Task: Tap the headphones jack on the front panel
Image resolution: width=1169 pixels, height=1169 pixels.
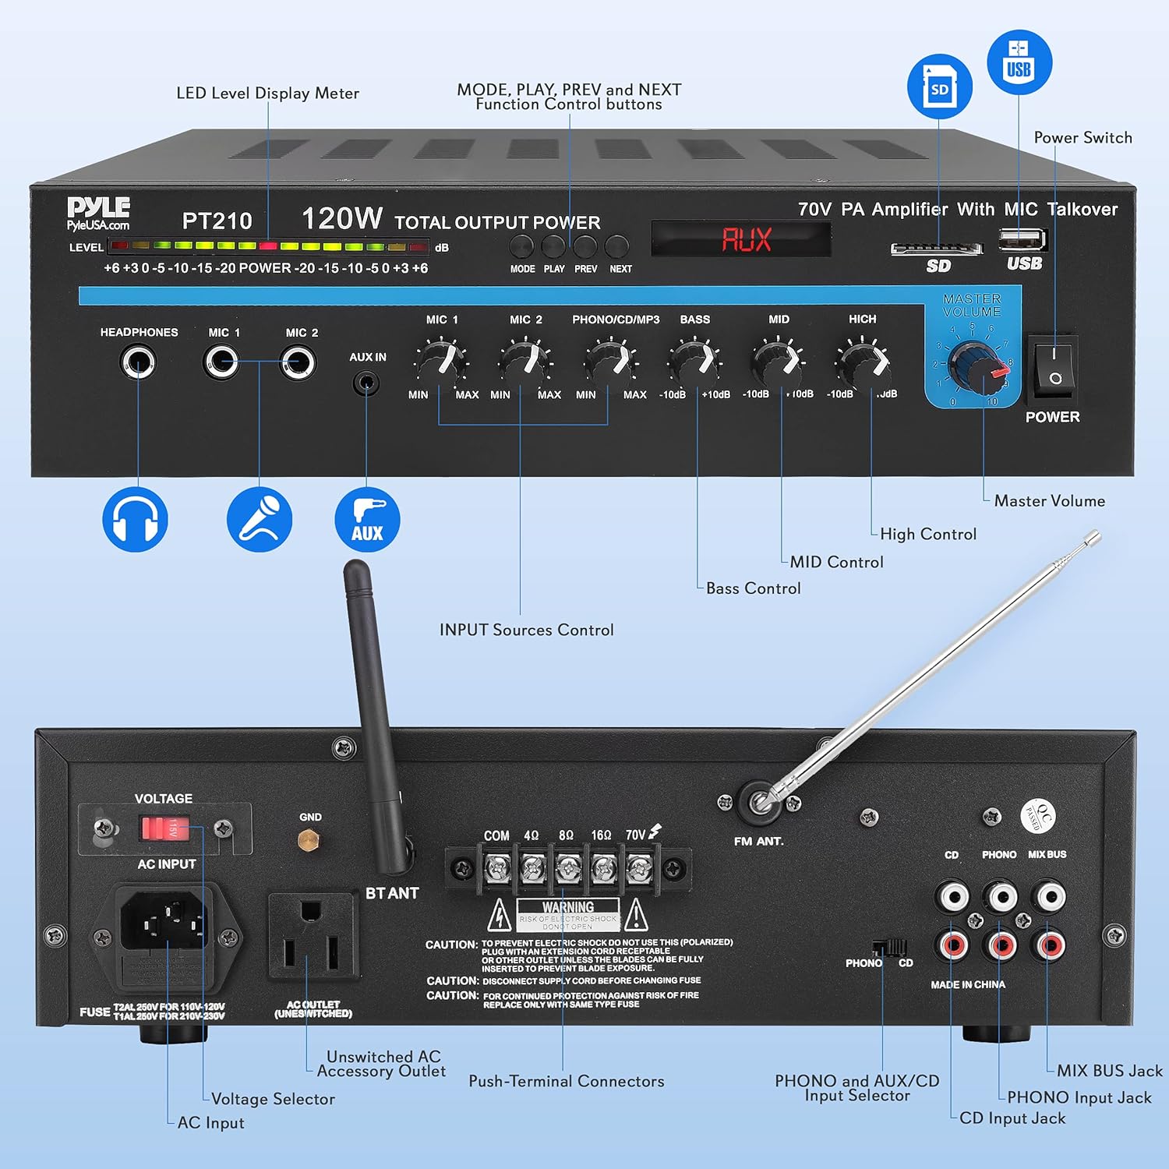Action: click(138, 362)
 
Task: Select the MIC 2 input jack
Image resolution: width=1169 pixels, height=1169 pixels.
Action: click(298, 362)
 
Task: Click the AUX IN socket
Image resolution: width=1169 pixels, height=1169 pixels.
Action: click(366, 383)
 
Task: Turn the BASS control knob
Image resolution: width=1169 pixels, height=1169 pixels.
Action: click(694, 360)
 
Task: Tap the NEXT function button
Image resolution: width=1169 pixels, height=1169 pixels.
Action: click(616, 247)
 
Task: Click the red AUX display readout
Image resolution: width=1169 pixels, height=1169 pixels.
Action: click(746, 239)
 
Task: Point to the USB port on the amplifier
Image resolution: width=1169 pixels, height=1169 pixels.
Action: click(1022, 239)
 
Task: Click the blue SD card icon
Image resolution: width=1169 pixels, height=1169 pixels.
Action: click(939, 87)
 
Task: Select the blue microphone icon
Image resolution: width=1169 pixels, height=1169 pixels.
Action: click(260, 520)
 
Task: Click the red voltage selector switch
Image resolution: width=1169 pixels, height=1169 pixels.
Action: click(164, 828)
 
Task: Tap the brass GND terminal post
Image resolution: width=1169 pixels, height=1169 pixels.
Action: click(309, 840)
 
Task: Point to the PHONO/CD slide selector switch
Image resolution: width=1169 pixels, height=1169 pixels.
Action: click(889, 948)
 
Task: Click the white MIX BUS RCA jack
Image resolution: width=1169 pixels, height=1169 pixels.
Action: click(1050, 897)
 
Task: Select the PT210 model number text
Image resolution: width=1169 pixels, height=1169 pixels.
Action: click(217, 221)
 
